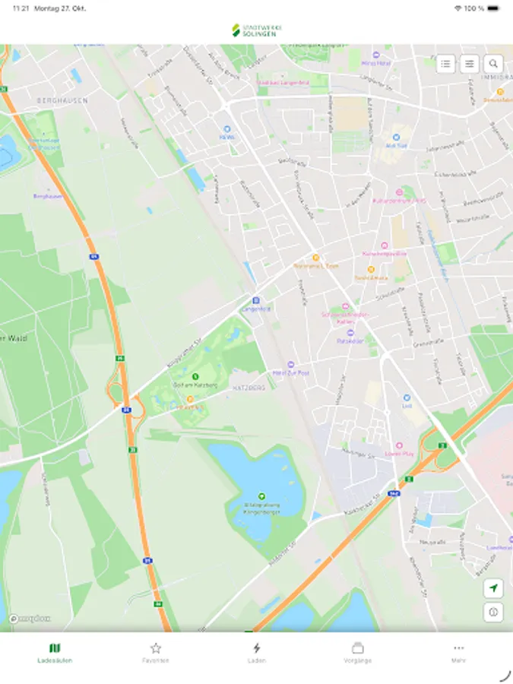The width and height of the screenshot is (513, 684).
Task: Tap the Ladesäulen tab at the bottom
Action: tap(55, 652)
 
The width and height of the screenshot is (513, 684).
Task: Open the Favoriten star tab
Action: tap(156, 652)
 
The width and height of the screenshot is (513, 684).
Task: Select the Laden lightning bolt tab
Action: tap(257, 652)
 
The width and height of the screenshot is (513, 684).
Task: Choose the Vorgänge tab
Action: tap(357, 652)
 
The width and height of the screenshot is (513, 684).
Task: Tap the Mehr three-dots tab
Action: tap(458, 652)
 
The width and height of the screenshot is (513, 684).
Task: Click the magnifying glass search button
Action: tap(494, 64)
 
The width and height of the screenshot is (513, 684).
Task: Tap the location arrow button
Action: tap(493, 588)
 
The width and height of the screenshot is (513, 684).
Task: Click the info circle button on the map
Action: tap(493, 612)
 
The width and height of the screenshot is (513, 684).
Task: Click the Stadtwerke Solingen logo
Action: tap(256, 30)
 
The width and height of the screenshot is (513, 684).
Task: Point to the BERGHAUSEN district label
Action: tap(62, 100)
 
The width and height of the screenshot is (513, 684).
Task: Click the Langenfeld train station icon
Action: tap(256, 300)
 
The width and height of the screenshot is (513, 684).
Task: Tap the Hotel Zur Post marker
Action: tap(290, 365)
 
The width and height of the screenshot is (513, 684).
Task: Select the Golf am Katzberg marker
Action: tap(195, 376)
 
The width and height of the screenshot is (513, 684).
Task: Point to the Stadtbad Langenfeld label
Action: tap(283, 82)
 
